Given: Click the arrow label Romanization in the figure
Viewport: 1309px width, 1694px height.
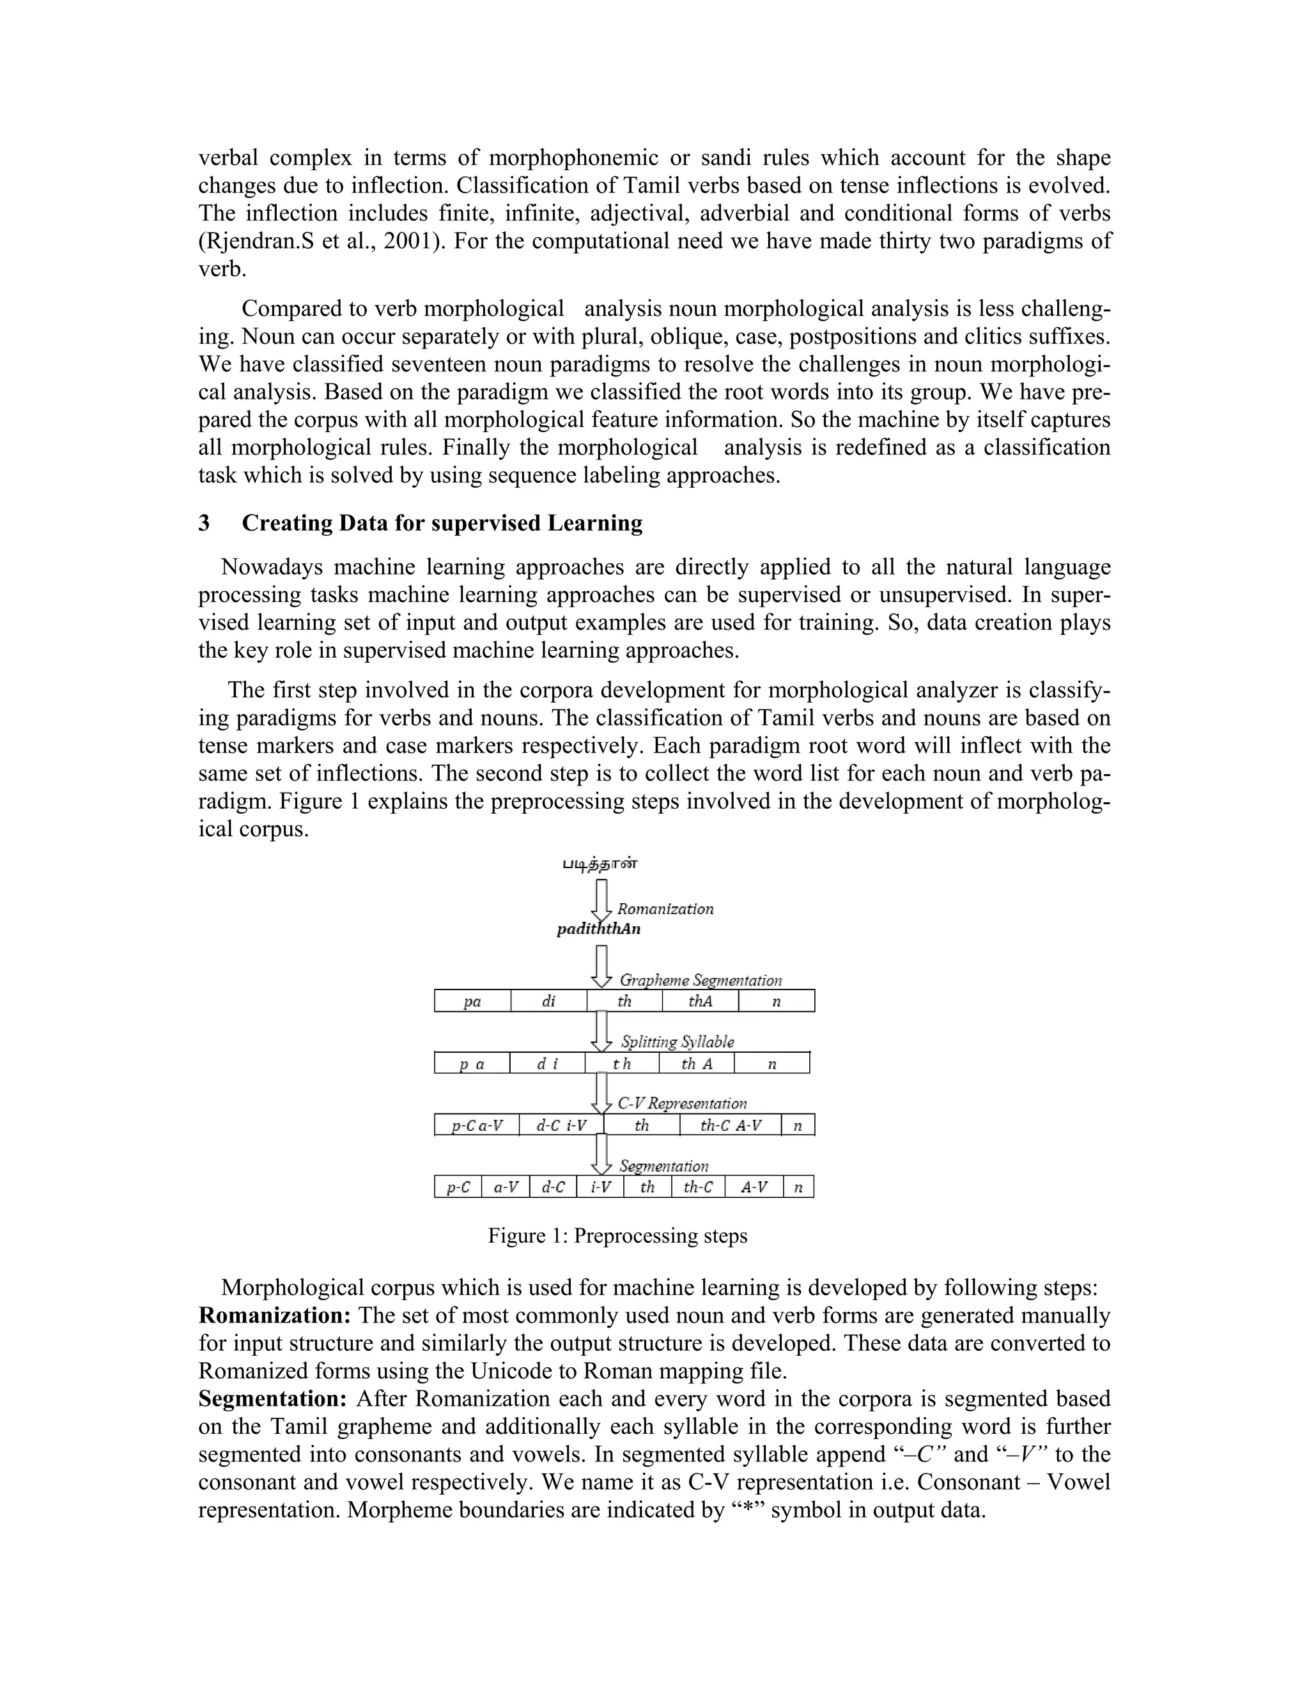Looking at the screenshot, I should (x=665, y=909).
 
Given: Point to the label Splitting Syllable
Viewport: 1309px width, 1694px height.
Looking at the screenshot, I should (x=677, y=1042).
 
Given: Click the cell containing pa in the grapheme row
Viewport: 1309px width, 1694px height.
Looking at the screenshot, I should (x=472, y=1001).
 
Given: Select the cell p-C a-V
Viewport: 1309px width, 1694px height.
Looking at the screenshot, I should (x=477, y=1126).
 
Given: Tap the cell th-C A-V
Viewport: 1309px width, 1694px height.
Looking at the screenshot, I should (x=730, y=1126).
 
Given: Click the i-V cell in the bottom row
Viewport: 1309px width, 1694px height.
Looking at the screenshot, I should (x=600, y=1188).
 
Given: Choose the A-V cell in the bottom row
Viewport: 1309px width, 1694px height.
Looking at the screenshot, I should (x=754, y=1188).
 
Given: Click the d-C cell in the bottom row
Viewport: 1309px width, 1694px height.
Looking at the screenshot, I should (x=552, y=1188).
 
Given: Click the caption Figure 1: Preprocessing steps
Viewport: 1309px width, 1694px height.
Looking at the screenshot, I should (x=617, y=1236).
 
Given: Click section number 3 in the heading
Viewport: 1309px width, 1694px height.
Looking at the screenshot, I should (x=204, y=524).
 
